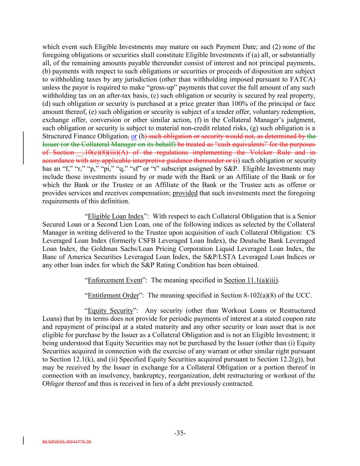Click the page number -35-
[x=180, y=433]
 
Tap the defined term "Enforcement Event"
[x=115, y=280]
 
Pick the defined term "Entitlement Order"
[x=114, y=295]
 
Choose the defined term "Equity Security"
[x=110, y=311]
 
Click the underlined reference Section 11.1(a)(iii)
[x=251, y=280]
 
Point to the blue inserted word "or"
[x=134, y=136]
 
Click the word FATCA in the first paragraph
[x=304, y=80]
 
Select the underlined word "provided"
[x=185, y=193]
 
